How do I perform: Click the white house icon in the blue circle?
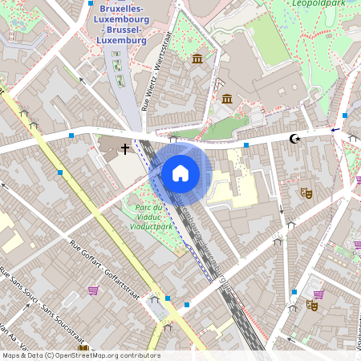coord(180,172)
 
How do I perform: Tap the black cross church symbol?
coord(125,148)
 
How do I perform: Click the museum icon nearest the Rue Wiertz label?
coord(197,59)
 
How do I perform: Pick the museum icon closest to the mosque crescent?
coord(227,99)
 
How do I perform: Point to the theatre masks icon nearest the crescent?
coord(306,193)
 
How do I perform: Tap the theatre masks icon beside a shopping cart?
coord(312,305)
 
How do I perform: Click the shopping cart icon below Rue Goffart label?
coord(93,290)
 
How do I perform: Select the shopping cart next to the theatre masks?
coord(318,294)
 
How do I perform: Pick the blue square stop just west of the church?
coord(71,136)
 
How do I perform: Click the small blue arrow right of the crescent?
coord(335,129)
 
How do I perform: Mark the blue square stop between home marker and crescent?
coord(245,145)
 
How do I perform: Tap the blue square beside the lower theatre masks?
coord(294,292)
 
